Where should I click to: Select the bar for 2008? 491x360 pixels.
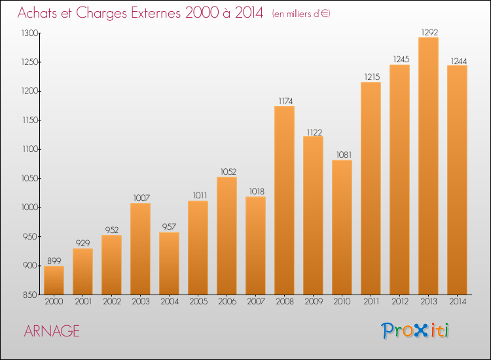pyautogui.click(x=284, y=200)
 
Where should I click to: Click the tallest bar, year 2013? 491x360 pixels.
pyautogui.click(x=428, y=166)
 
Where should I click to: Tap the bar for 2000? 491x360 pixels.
pyautogui.click(x=54, y=280)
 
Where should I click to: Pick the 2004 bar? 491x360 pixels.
pyautogui.click(x=169, y=263)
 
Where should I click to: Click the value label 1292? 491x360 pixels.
pyautogui.click(x=429, y=32)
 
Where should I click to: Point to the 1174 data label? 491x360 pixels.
pyautogui.click(x=285, y=101)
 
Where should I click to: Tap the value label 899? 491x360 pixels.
pyautogui.click(x=54, y=261)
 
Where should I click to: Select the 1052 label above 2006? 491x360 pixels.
pyautogui.click(x=228, y=171)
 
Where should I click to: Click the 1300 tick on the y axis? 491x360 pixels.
pyautogui.click(x=29, y=33)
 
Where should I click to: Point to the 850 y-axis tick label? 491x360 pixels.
pyautogui.click(x=29, y=295)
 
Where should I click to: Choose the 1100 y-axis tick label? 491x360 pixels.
pyautogui.click(x=30, y=149)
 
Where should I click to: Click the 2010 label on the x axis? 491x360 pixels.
pyautogui.click(x=342, y=302)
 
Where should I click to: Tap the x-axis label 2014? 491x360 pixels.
pyautogui.click(x=458, y=302)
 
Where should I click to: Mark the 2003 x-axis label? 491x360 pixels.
pyautogui.click(x=141, y=302)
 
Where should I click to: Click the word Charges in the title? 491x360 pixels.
pyautogui.click(x=101, y=13)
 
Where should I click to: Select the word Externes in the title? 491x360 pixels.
pyautogui.click(x=156, y=12)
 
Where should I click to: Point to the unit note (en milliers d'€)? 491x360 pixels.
pyautogui.click(x=301, y=14)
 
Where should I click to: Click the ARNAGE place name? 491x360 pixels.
pyautogui.click(x=52, y=331)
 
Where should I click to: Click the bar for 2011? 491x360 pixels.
pyautogui.click(x=371, y=188)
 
